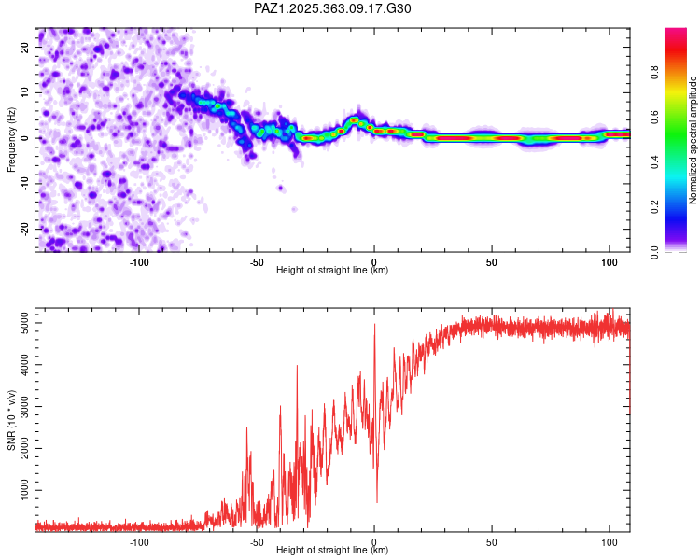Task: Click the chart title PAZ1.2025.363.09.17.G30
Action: pos(332,8)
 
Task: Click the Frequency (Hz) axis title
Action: pos(11,138)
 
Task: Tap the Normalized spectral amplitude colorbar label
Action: pos(693,140)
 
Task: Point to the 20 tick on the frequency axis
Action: pos(26,47)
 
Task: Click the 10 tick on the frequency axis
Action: pos(26,92)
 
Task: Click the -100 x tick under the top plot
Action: pos(139,261)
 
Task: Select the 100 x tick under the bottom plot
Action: pos(609,541)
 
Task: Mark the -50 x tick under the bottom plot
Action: pos(257,541)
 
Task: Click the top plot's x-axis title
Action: pos(332,270)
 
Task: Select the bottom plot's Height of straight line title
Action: pos(332,550)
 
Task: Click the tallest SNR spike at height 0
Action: pos(374,325)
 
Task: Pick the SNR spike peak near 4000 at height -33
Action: pos(297,366)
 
